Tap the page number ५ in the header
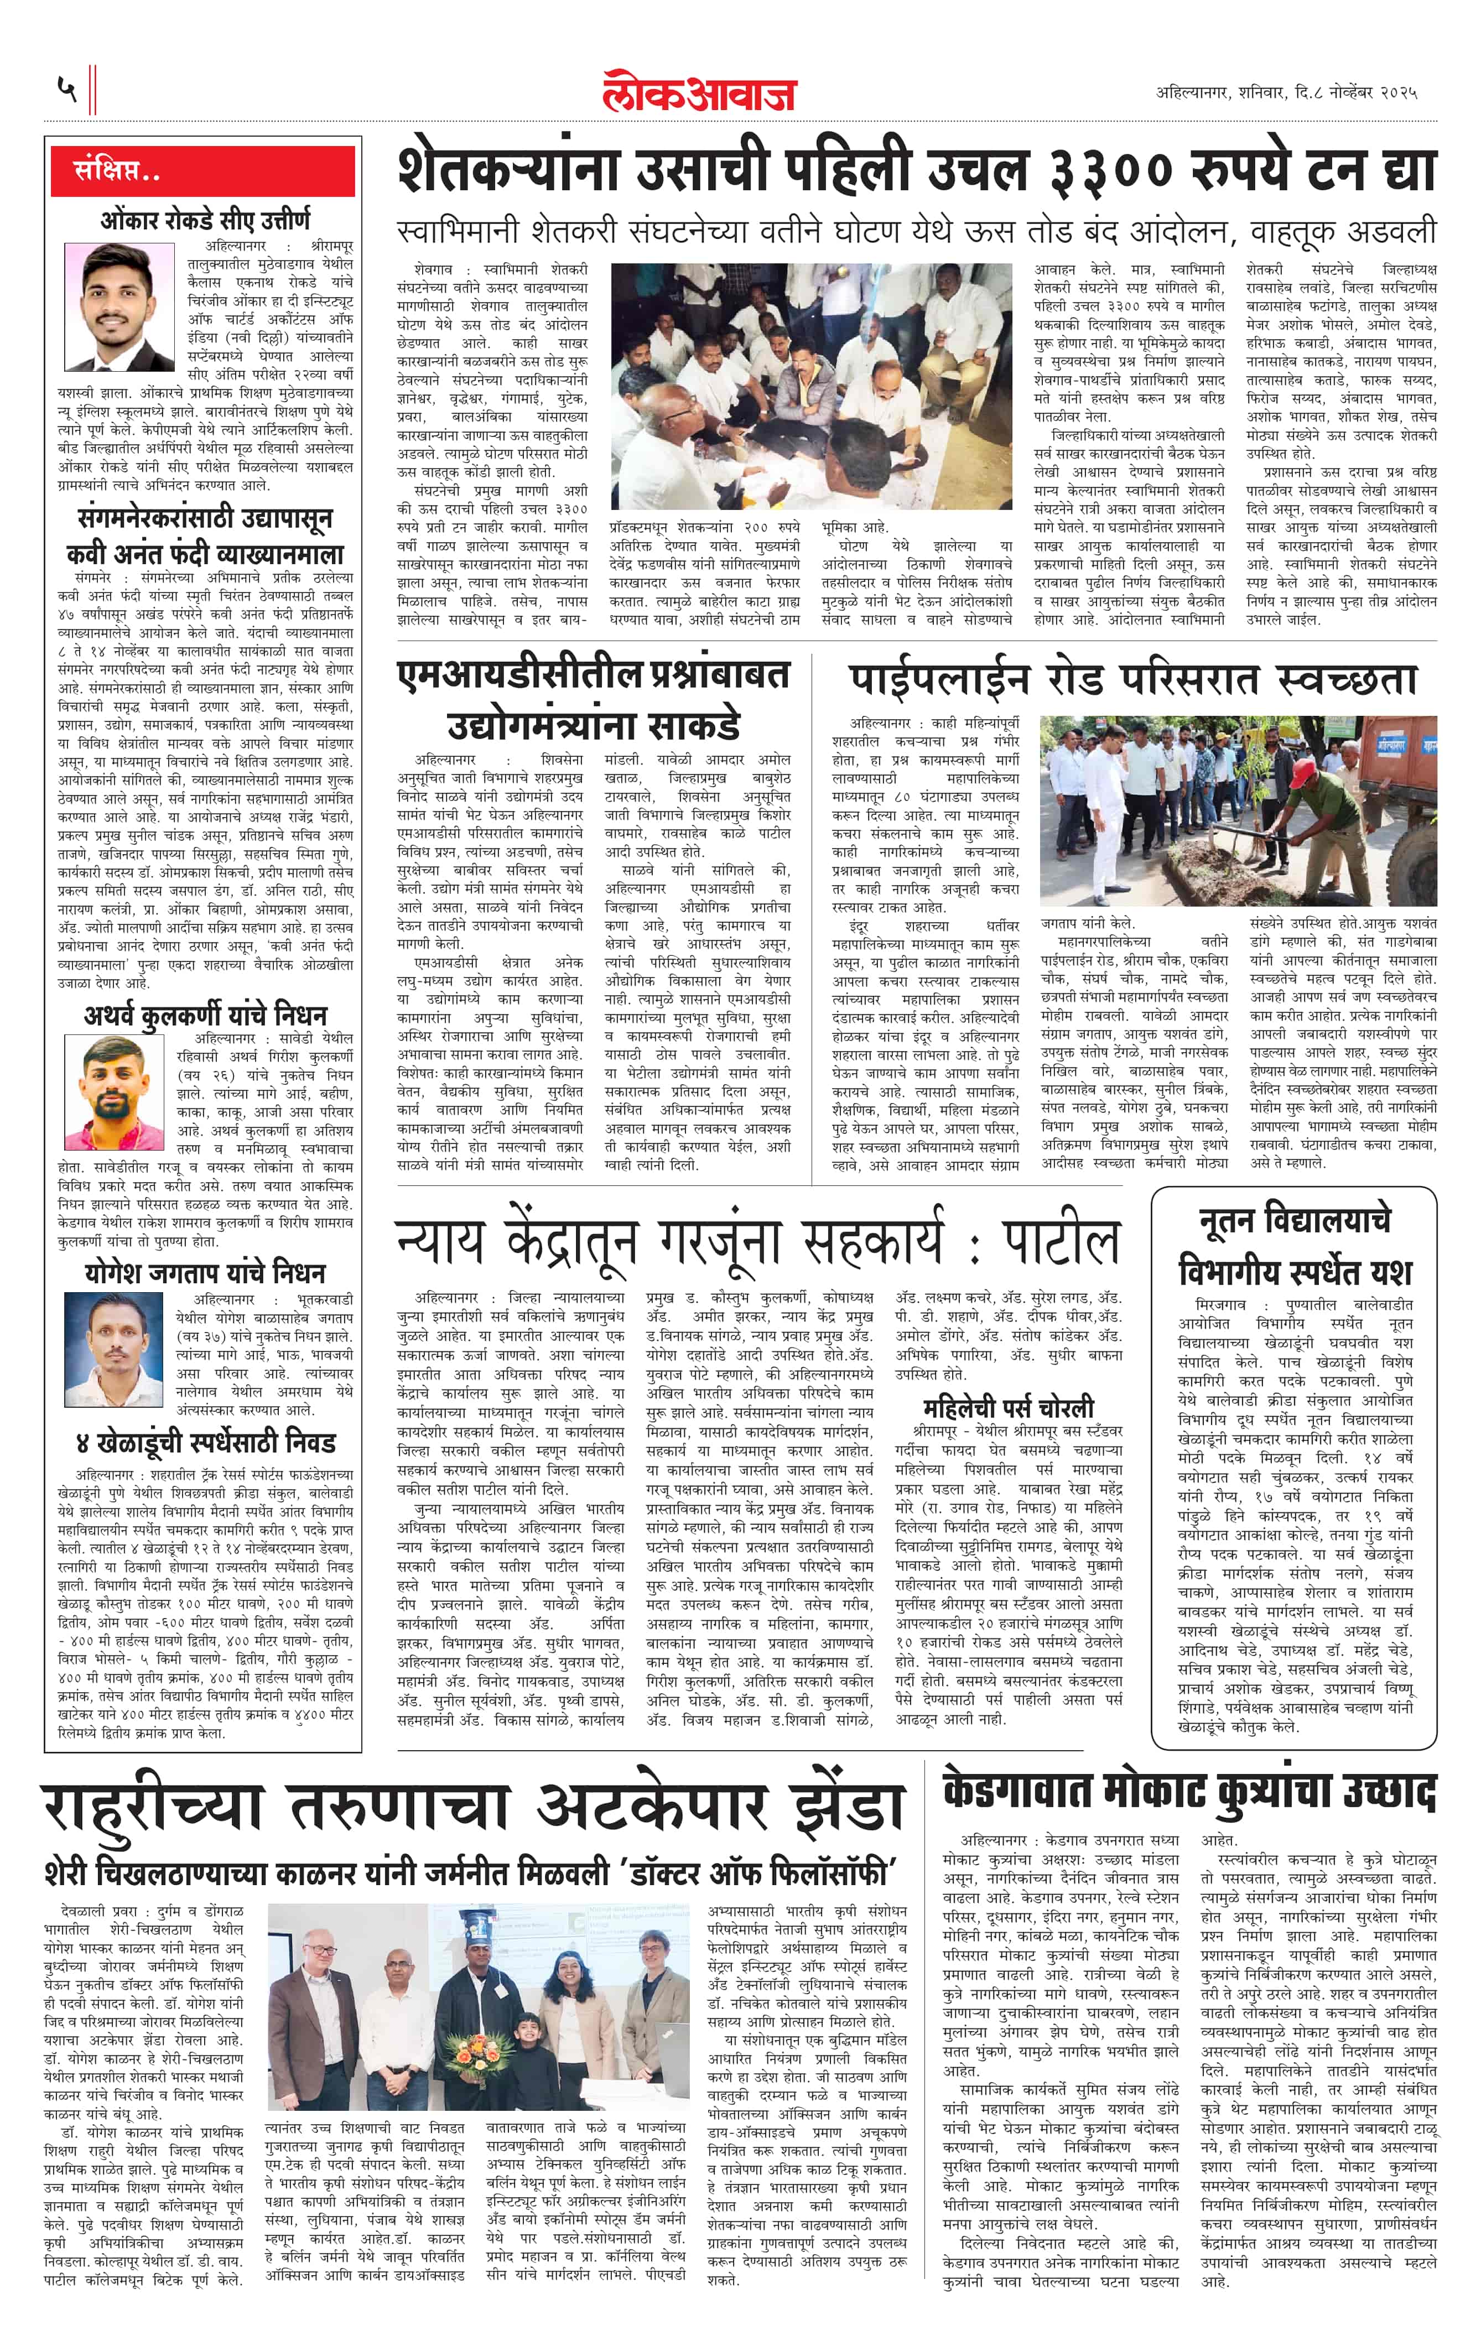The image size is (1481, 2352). click(66, 90)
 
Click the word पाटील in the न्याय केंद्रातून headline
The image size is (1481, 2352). click(1060, 1242)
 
